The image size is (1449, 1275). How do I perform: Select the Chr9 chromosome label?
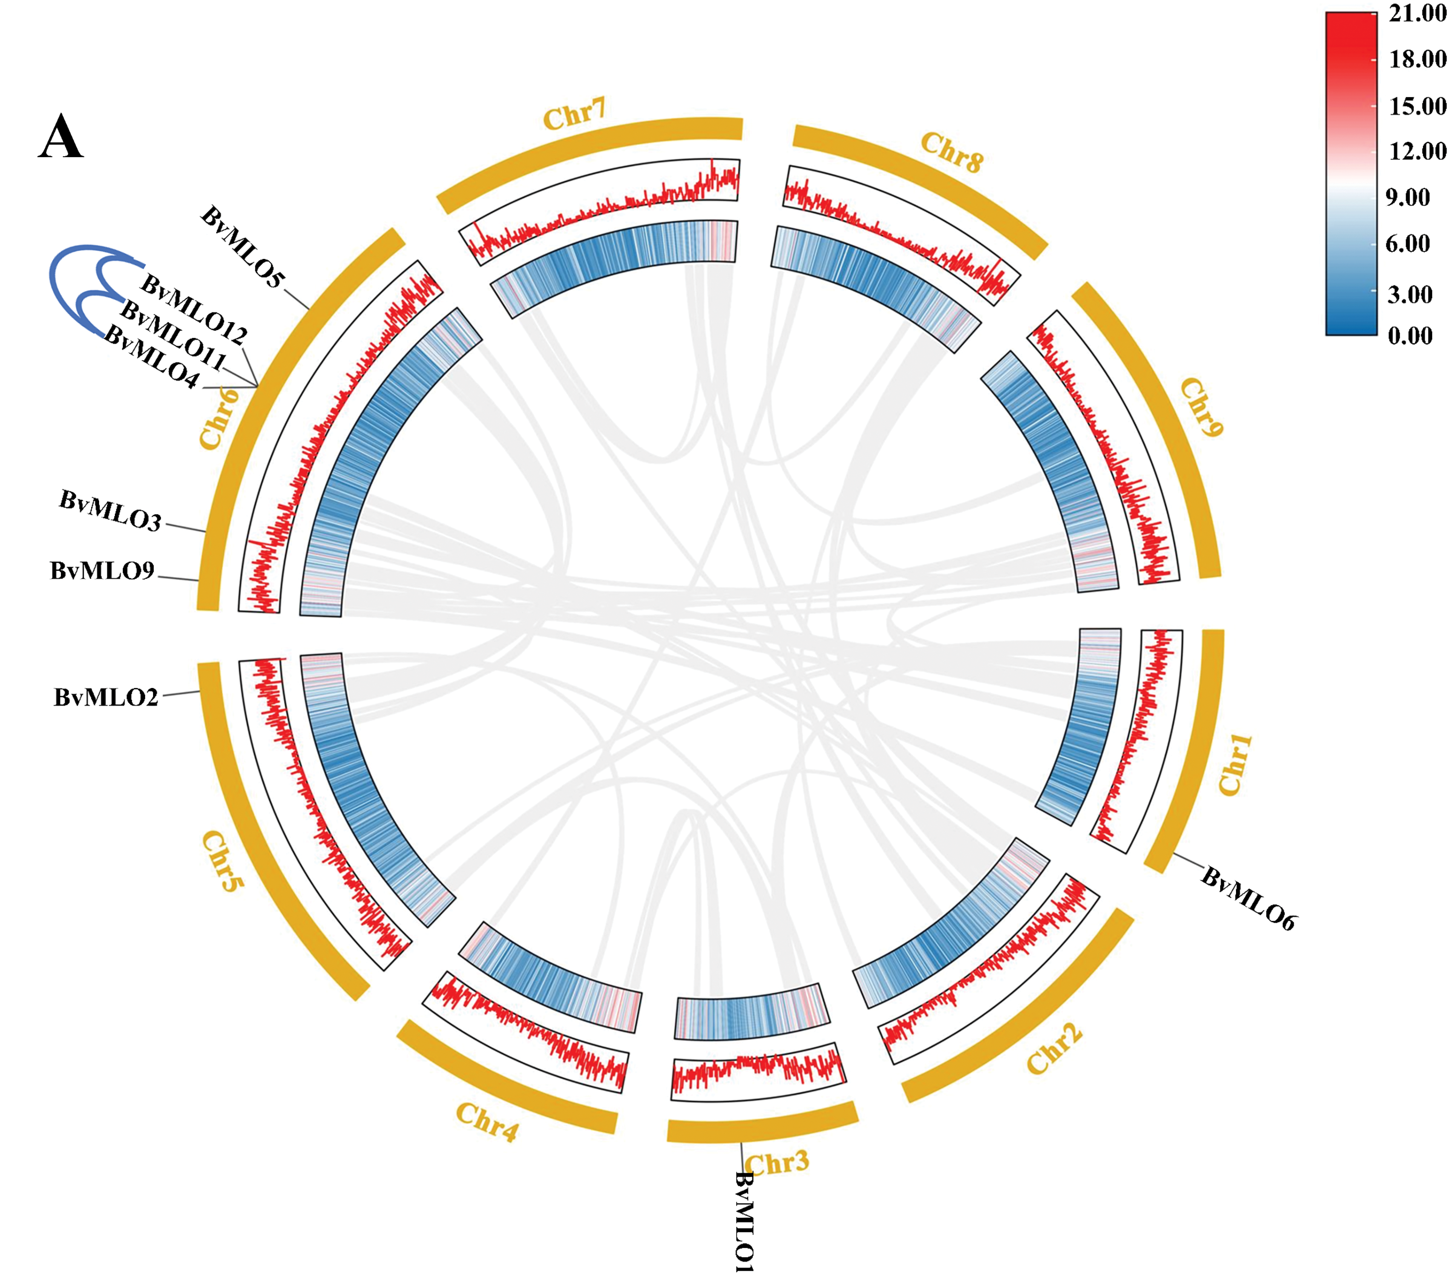1202,408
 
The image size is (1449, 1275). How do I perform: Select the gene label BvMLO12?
193,309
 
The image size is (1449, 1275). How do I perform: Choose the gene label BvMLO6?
1248,898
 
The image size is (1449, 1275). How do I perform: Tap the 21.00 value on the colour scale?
1417,13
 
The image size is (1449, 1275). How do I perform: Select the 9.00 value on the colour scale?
1407,197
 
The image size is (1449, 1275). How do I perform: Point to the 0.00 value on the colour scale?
1409,335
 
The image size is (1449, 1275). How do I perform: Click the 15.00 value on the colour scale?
1417,106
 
